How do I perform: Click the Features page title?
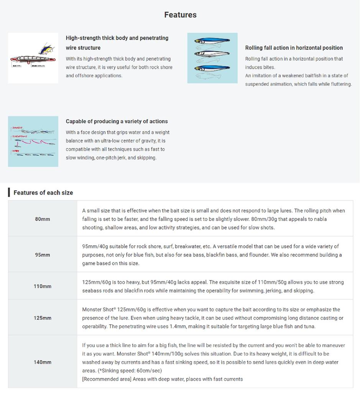[x=180, y=15]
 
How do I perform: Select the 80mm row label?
[x=43, y=219]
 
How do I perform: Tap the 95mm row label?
[x=43, y=255]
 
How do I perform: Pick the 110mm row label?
[x=43, y=286]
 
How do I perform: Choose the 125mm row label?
[x=43, y=318]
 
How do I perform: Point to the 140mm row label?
[x=43, y=362]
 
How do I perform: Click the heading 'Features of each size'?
[x=43, y=193]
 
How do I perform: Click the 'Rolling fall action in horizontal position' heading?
[x=294, y=48]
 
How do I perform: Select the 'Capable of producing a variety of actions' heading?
[x=117, y=121]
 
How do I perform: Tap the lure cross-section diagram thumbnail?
[x=33, y=58]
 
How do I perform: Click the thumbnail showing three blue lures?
[x=212, y=58]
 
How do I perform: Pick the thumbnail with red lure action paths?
[x=33, y=141]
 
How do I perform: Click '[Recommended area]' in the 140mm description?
[x=101, y=379]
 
